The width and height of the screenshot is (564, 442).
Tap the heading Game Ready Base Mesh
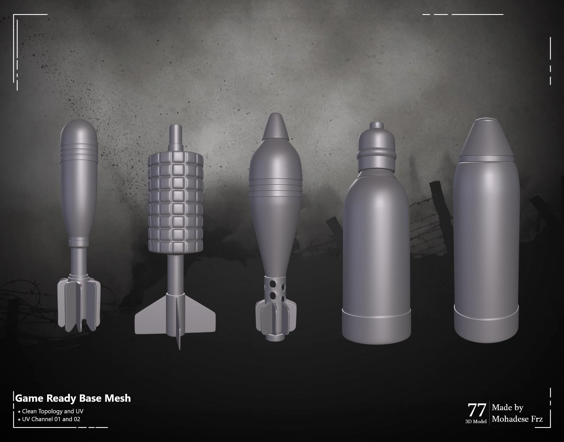pyautogui.click(x=73, y=398)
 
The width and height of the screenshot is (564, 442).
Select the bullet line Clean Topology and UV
pyautogui.click(x=52, y=411)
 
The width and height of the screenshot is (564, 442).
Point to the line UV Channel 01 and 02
pyautogui.click(x=51, y=419)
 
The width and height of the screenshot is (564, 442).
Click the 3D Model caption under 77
pyautogui.click(x=476, y=421)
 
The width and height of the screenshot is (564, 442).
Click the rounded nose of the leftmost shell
pyautogui.click(x=79, y=131)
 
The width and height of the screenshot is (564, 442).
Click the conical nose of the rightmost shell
pyautogui.click(x=486, y=138)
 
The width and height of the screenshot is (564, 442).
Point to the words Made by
pyautogui.click(x=508, y=407)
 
